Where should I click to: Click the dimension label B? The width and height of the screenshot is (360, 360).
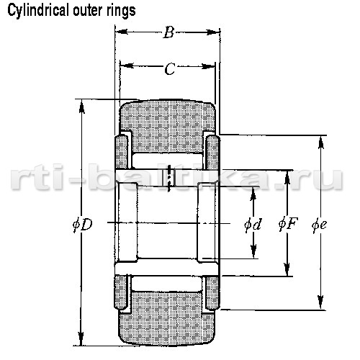click(169, 32)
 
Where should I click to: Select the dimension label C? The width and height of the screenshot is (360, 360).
click(170, 69)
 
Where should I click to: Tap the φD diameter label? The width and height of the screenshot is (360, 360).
click(83, 225)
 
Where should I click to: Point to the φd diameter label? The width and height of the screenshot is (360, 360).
click(253, 225)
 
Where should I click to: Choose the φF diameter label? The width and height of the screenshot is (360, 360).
click(288, 224)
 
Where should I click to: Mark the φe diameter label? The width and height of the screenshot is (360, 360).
click(320, 225)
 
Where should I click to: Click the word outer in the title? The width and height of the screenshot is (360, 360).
click(88, 11)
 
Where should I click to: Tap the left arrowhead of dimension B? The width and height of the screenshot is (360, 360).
click(121, 32)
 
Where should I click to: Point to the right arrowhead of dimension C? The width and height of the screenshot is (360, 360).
click(208, 66)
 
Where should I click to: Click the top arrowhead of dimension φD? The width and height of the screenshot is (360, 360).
click(82, 106)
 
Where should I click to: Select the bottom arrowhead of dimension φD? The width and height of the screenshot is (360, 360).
click(81, 339)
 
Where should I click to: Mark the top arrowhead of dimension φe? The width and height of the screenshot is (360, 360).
click(321, 143)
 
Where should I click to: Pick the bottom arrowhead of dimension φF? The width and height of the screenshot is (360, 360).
click(287, 269)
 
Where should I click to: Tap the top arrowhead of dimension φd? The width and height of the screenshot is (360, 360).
click(253, 194)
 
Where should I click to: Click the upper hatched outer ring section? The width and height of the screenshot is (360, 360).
click(168, 126)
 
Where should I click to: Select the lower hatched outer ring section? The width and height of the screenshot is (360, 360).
click(167, 318)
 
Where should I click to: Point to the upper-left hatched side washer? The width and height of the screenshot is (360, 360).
click(122, 152)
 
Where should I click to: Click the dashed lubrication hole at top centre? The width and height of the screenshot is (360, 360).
click(170, 178)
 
